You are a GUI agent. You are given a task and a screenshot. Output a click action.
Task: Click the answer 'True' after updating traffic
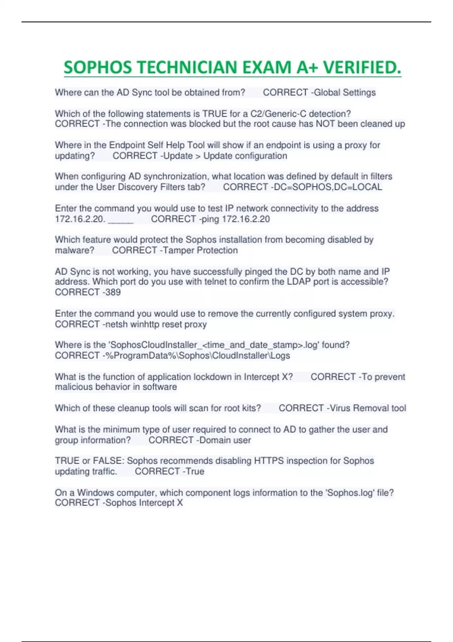coord(195,472)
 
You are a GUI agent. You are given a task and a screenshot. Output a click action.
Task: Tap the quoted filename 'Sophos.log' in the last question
coord(347,493)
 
